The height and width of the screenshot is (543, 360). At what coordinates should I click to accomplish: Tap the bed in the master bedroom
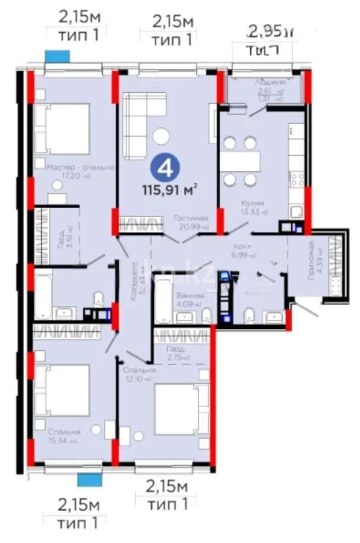62,130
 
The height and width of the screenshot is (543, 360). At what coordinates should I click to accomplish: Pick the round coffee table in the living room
161,136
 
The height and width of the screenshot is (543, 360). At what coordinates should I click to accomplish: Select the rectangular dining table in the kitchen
239,161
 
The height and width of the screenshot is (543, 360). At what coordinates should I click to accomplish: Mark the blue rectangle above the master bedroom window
57,56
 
